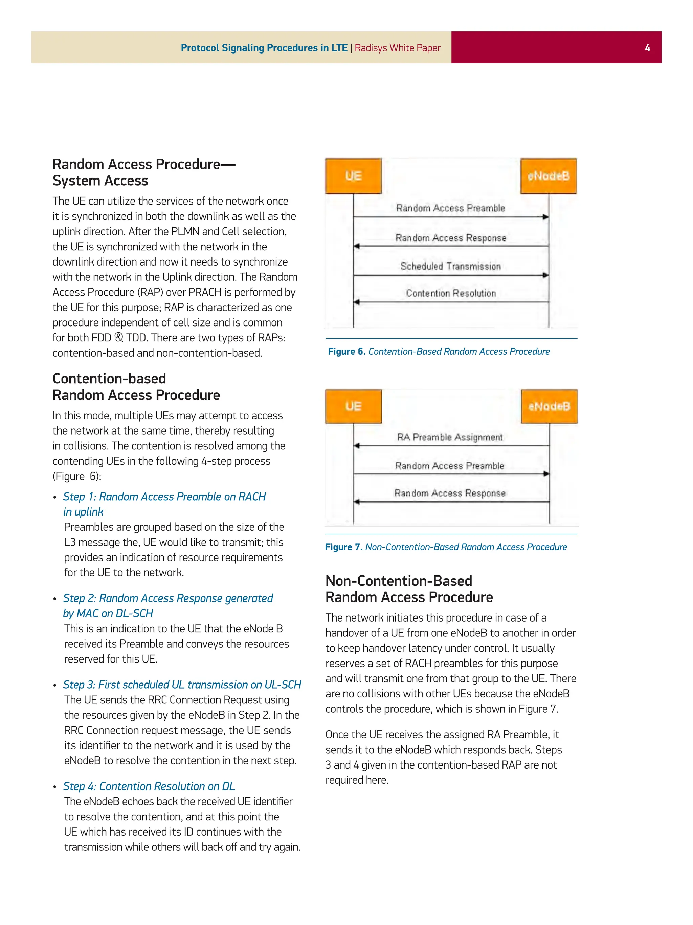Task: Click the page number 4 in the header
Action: point(647,48)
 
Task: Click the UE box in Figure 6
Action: point(353,176)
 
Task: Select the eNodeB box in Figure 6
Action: point(548,176)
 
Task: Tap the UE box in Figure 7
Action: point(353,406)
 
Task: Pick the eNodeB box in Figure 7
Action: point(549,406)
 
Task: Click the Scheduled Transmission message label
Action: point(450,266)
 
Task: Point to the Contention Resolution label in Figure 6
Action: point(451,293)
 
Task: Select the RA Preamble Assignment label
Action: point(450,437)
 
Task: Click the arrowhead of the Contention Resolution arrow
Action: point(357,302)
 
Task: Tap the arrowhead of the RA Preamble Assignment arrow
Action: point(357,446)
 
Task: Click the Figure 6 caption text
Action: point(439,351)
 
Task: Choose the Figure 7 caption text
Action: point(446,547)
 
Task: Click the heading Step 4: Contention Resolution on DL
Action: point(149,786)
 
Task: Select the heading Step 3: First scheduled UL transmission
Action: point(182,685)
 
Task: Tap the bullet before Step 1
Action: point(55,497)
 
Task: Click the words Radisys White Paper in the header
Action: point(397,48)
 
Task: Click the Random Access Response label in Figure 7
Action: point(450,493)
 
